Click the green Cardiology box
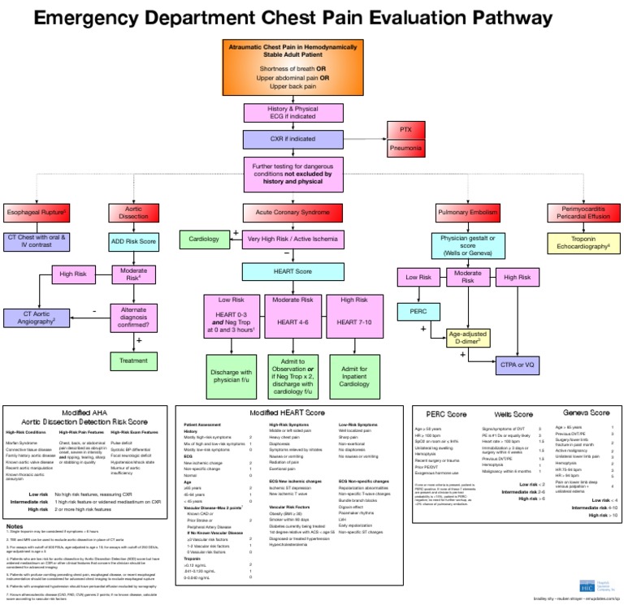[204, 240]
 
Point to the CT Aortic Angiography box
[37, 318]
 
